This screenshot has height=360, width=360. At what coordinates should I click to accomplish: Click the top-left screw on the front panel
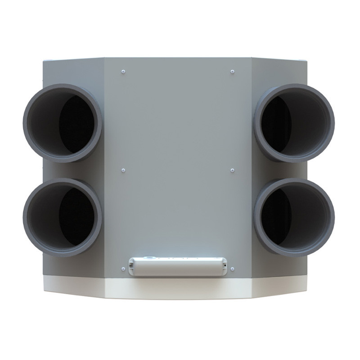[123, 71]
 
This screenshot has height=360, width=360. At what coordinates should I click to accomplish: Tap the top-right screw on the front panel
[232, 71]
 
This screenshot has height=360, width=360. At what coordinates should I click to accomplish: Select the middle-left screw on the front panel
[123, 170]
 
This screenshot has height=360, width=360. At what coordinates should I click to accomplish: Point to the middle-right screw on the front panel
[232, 170]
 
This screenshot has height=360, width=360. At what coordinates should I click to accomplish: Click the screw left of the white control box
[123, 269]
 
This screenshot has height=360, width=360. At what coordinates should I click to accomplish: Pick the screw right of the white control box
[232, 269]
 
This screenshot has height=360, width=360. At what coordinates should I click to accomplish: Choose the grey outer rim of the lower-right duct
[332, 218]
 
